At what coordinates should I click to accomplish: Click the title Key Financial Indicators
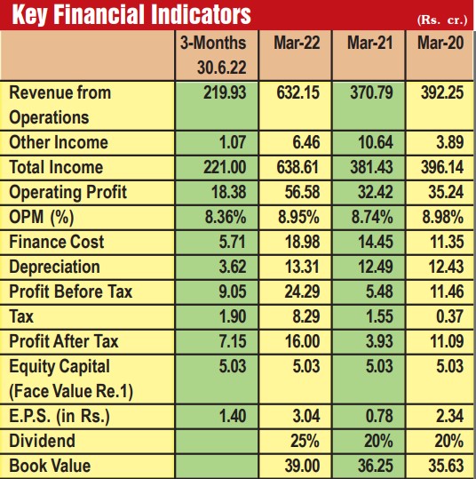point(131,14)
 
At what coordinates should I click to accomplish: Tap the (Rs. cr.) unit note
point(441,20)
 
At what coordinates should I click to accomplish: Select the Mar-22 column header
point(297,43)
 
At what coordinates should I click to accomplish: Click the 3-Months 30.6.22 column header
point(213,55)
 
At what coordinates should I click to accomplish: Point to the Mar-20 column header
point(440,43)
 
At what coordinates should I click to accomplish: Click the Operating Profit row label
point(67,193)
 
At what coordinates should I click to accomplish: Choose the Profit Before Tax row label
point(70,291)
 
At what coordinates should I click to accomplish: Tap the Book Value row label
point(50,466)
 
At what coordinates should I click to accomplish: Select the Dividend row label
point(42,441)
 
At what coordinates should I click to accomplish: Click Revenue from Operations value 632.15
point(298,92)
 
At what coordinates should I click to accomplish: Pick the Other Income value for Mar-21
point(376,143)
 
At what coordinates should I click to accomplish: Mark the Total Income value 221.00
point(225,167)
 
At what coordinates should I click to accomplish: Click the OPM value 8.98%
point(443,217)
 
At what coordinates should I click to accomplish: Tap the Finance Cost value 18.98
point(302,242)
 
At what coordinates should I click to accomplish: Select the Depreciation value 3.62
point(233,267)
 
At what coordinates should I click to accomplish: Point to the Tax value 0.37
point(449,316)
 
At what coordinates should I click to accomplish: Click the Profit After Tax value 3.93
point(379,341)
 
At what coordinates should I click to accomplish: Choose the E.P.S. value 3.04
point(306,416)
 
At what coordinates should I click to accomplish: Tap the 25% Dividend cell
point(305,441)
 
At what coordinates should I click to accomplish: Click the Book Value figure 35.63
point(446,466)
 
